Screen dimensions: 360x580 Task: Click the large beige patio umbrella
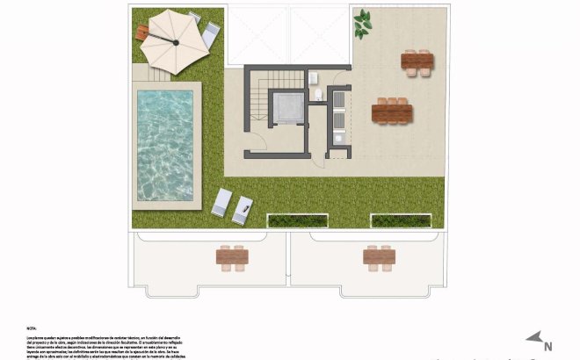pos(172,40)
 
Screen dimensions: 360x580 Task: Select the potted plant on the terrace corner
pos(361,25)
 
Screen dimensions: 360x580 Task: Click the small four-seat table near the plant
pos(417,61)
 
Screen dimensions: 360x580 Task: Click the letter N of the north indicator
pos(546,346)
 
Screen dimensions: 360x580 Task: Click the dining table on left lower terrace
pos(232,257)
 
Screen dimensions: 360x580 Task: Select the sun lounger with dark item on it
pos(243,210)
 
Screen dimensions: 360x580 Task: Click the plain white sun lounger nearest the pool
pos(221,203)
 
